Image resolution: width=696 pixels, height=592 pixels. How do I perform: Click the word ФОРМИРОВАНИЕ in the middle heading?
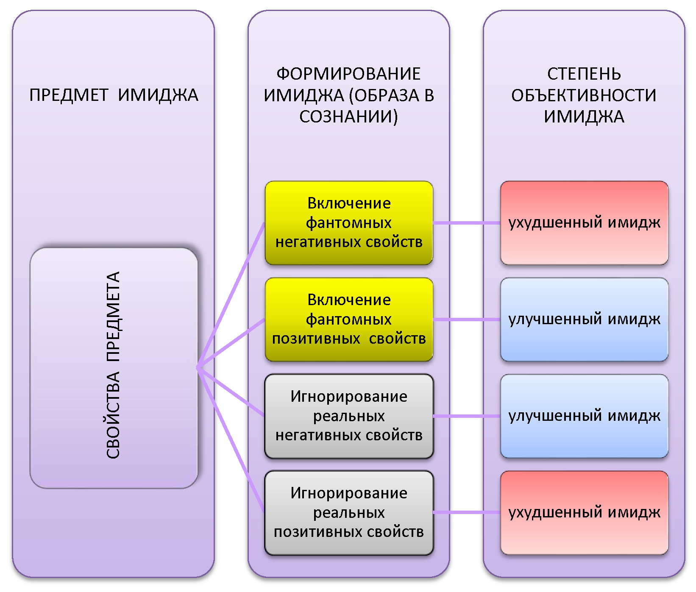348,74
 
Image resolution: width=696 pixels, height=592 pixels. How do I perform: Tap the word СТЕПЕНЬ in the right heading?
584,74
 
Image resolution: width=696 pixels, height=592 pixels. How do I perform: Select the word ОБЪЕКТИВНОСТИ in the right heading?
584,95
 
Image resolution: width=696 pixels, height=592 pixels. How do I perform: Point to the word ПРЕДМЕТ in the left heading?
69,95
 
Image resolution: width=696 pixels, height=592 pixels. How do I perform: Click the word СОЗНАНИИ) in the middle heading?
348,117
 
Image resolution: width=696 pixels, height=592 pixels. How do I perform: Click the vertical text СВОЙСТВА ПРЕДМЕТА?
113,365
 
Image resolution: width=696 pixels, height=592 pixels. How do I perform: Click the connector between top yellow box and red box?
466,223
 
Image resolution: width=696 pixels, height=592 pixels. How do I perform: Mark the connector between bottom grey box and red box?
466,513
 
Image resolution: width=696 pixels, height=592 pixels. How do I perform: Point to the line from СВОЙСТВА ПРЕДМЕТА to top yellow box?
231,295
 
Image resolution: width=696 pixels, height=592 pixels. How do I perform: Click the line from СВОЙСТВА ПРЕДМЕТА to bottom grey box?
231,441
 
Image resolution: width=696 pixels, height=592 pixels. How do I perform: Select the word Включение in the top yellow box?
348,203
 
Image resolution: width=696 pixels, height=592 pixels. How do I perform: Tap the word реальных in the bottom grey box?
348,513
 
